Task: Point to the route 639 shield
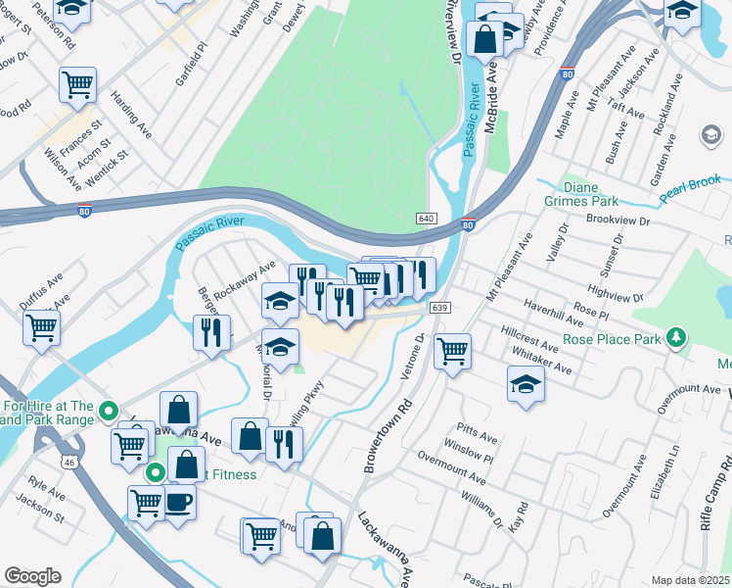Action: click(x=439, y=308)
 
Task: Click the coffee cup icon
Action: click(x=178, y=502)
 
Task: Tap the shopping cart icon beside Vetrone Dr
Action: click(x=452, y=350)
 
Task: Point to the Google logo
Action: click(x=32, y=577)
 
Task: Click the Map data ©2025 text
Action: click(x=690, y=580)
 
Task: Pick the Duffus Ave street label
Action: click(x=41, y=292)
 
